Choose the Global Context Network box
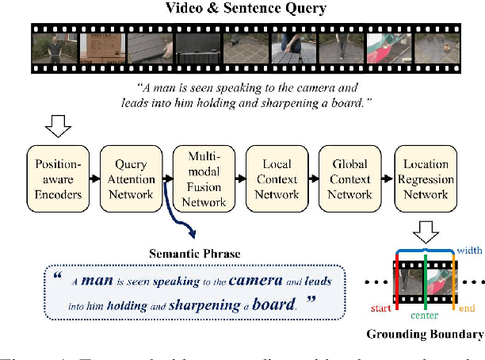coord(349,179)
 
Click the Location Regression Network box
coord(426,179)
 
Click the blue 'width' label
coord(469,251)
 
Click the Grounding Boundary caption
coord(431,335)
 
